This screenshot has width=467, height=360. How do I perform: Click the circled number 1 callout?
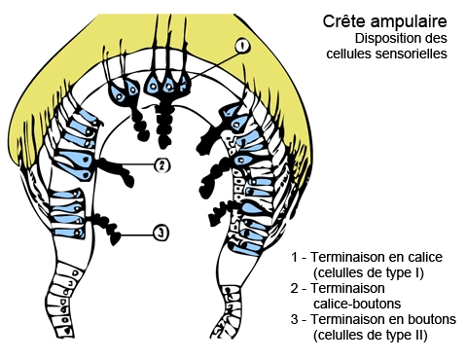coord(241,46)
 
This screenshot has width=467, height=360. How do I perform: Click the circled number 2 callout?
coord(162,165)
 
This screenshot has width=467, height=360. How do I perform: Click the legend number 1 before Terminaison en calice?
coord(295,256)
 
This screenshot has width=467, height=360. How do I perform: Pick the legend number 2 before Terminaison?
coord(295,289)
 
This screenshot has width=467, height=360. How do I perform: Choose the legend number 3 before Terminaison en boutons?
coord(295,320)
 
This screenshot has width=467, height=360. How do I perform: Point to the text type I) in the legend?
coord(404,272)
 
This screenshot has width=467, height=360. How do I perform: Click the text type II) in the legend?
coord(407,336)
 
